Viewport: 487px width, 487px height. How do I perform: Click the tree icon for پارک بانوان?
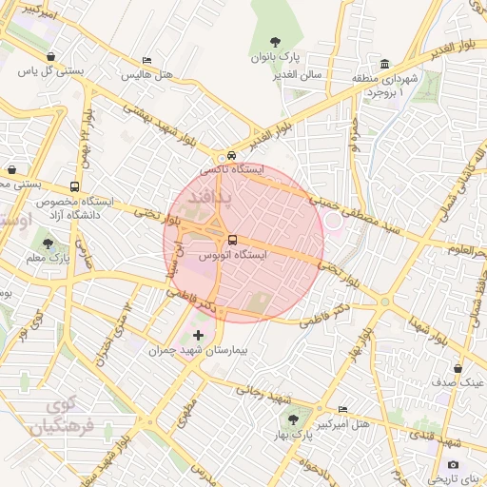coord(276,41)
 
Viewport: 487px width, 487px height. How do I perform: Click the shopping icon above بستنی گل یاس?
coord(49,55)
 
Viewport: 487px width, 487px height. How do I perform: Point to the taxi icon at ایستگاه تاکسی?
coord(231,155)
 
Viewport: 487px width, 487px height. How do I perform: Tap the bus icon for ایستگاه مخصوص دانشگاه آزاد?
coord(74,186)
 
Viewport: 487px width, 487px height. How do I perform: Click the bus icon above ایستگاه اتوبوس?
coord(234,240)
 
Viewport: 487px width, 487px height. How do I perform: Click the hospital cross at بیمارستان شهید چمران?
coord(198,335)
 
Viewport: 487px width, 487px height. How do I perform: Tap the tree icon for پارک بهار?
coord(291,419)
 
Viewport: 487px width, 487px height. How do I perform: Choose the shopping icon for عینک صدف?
coord(458,367)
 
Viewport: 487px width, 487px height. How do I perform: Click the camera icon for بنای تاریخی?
coord(453,464)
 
